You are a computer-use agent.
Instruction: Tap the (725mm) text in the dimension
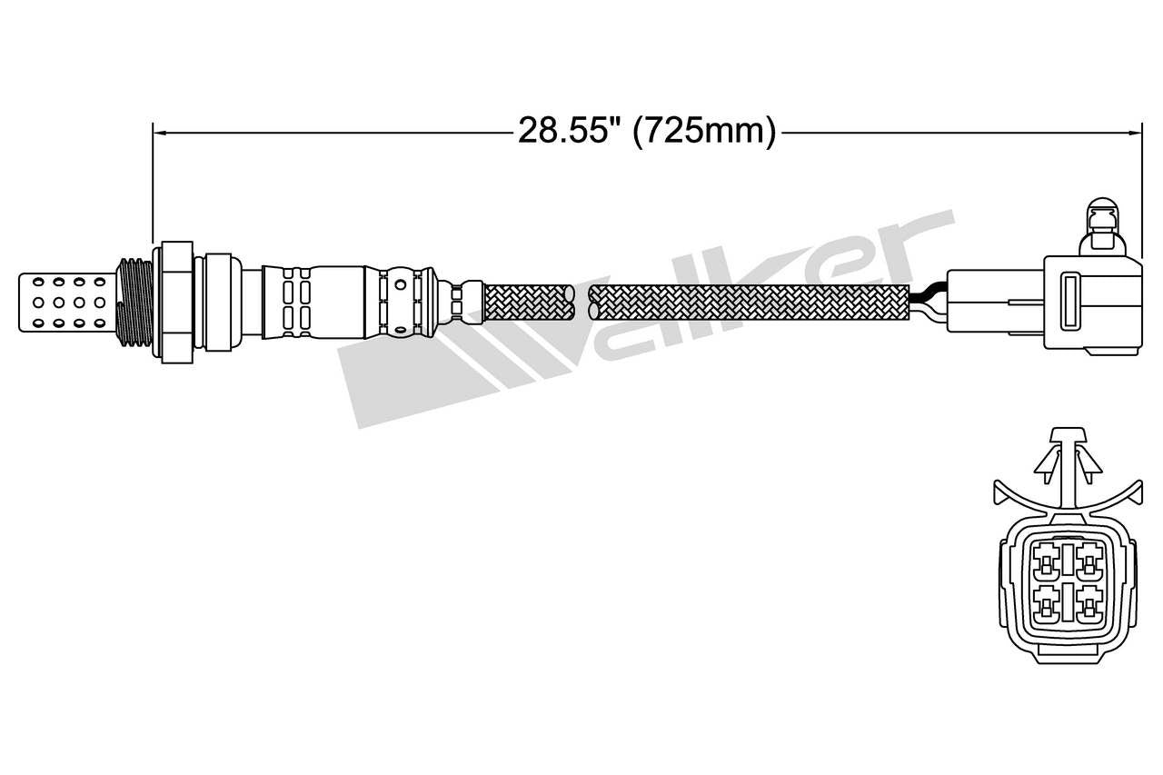pyautogui.click(x=704, y=132)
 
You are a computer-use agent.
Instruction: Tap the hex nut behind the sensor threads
pyautogui.click(x=177, y=302)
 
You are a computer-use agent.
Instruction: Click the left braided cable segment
pyautogui.click(x=530, y=302)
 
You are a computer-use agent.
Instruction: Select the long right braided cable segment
pyautogui.click(x=750, y=302)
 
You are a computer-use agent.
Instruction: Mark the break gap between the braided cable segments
pyautogui.click(x=582, y=302)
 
